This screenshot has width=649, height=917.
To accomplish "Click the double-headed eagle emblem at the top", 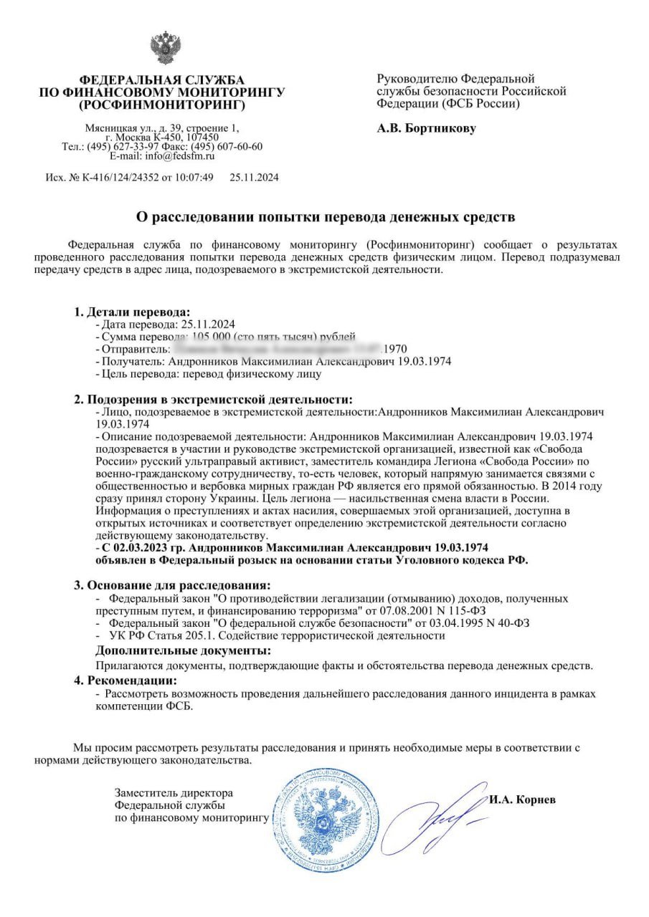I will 164,48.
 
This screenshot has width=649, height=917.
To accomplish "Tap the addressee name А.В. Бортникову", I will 426,129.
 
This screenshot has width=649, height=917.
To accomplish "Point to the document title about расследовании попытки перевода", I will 326,216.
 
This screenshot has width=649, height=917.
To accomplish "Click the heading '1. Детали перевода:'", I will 133,312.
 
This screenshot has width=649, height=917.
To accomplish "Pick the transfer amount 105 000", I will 212,337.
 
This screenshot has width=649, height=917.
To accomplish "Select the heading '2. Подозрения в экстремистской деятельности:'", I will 214,399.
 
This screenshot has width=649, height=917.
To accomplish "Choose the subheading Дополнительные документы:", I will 184,650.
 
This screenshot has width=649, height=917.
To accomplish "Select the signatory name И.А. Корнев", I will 522,799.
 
